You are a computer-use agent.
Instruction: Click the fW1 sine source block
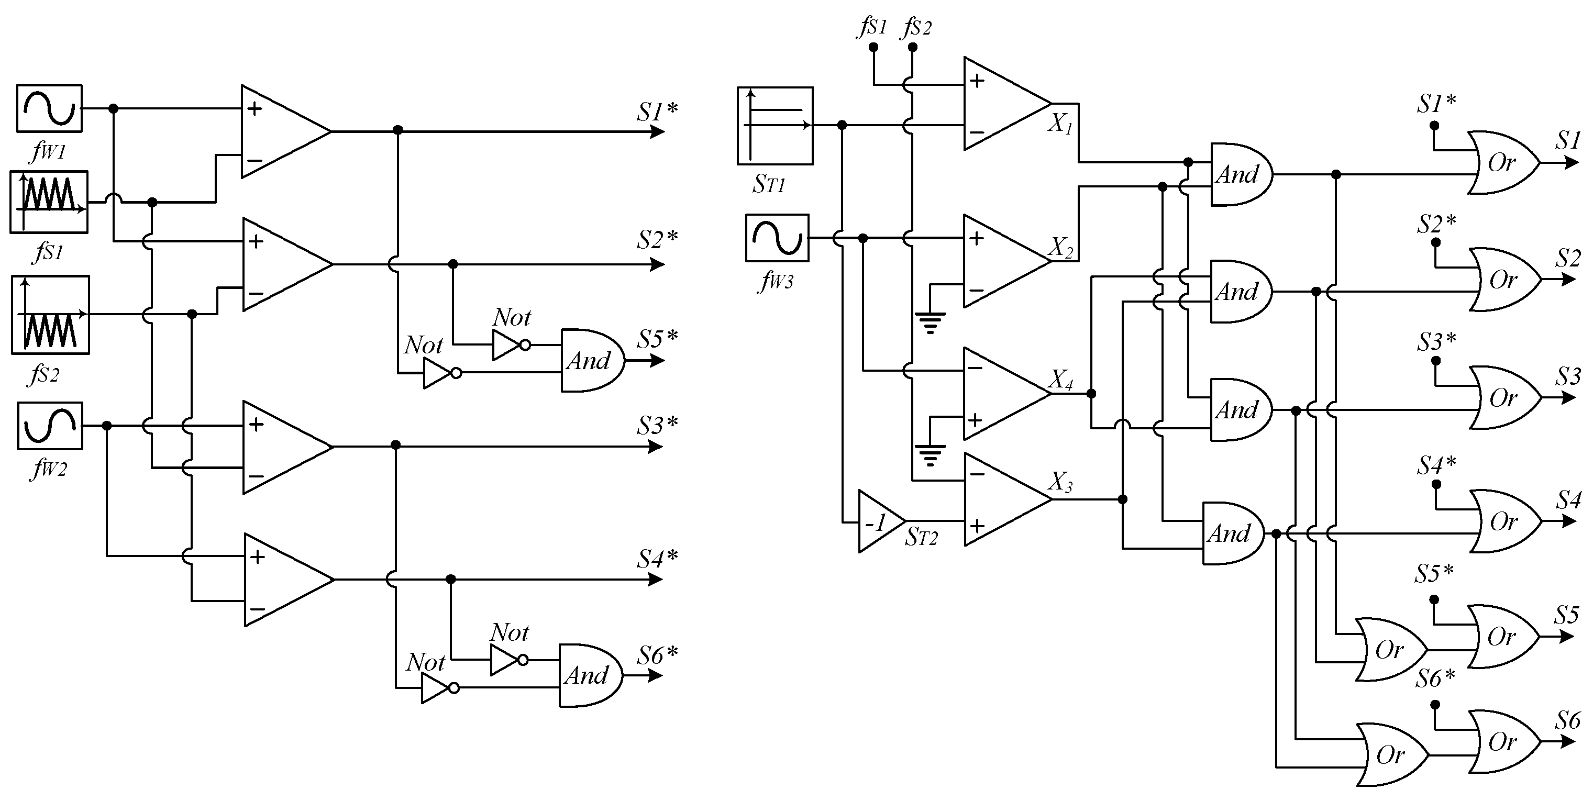(49, 108)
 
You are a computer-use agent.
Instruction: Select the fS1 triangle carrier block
(49, 202)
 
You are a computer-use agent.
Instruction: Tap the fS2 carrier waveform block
(50, 315)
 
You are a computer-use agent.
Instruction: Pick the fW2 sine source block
(49, 426)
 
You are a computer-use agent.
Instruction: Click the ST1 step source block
(775, 126)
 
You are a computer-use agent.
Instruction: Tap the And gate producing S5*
(591, 360)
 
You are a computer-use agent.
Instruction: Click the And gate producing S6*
(589, 675)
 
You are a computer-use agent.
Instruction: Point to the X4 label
(1061, 380)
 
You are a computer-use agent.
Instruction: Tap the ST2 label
(921, 537)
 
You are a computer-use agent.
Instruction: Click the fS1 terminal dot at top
(873, 47)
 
